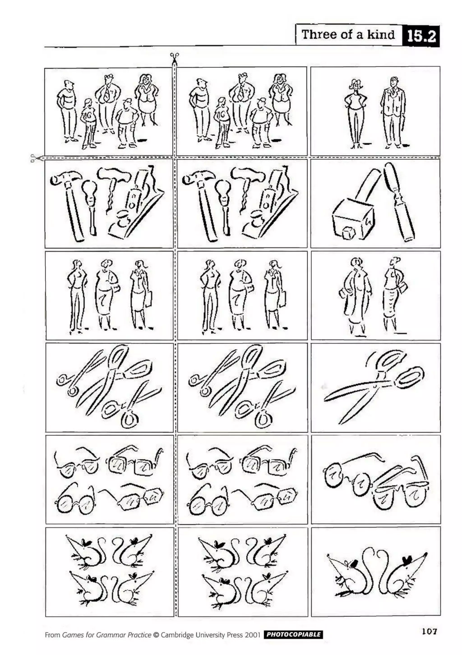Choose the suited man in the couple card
pos(393,113)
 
